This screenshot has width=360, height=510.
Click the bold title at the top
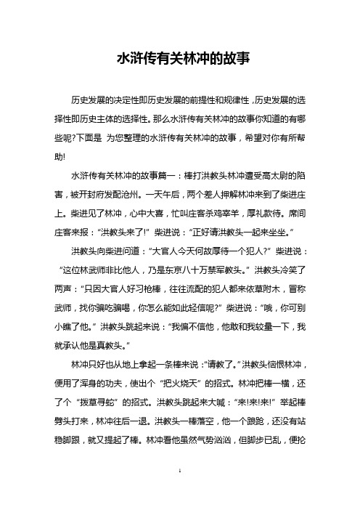(x=179, y=58)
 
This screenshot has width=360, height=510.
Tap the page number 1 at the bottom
(x=179, y=490)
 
